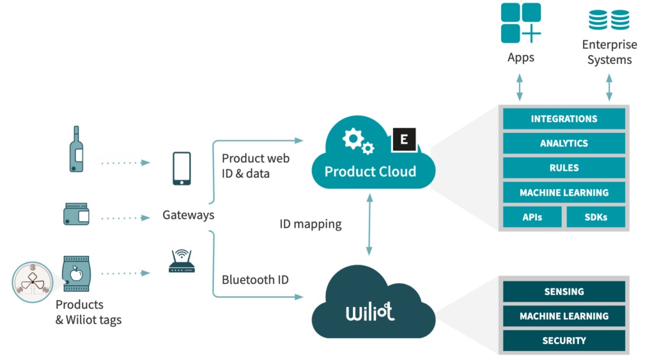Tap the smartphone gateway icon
click(x=182, y=168)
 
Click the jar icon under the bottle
click(x=76, y=214)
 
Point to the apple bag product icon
click(x=75, y=274)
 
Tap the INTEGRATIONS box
click(x=564, y=119)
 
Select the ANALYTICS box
click(x=564, y=143)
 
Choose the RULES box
click(x=564, y=168)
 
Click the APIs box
click(x=532, y=217)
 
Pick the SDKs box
click(x=596, y=217)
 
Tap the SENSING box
click(x=564, y=292)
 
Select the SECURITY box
click(x=564, y=340)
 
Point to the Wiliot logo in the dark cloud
click(x=370, y=312)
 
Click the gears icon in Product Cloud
click(x=357, y=141)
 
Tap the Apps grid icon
click(x=520, y=23)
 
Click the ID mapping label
click(x=311, y=224)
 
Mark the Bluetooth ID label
click(x=255, y=279)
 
